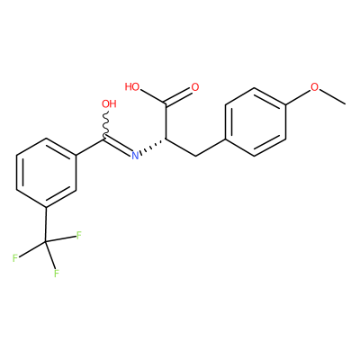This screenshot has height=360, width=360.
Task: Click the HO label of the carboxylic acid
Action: click(132, 87)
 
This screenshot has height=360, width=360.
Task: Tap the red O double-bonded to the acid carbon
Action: click(195, 87)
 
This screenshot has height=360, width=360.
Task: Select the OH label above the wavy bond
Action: click(109, 103)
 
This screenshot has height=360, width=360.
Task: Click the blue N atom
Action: click(136, 155)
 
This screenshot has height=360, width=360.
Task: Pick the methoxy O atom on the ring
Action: click(314, 87)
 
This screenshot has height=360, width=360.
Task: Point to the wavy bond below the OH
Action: click(105, 125)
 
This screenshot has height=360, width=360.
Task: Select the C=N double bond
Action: click(119, 146)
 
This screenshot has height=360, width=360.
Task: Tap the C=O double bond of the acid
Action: click(179, 96)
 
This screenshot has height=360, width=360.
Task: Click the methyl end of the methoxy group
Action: click(345, 104)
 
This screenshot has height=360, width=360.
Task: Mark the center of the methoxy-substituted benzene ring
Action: click(255, 121)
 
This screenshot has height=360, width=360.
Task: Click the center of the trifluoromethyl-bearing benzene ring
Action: click(46, 173)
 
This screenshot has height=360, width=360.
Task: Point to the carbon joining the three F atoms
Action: click(46, 242)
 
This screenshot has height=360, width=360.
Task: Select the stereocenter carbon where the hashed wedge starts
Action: click(166, 139)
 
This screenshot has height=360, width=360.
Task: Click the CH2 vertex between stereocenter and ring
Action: click(195, 156)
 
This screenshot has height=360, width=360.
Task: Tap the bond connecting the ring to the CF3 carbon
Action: click(46, 224)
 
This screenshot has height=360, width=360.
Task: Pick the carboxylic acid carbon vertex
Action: click(166, 104)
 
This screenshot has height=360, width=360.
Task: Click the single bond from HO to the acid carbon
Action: click(153, 97)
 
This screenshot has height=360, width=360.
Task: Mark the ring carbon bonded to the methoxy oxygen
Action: click(285, 104)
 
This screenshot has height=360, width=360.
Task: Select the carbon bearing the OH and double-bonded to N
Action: click(105, 139)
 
